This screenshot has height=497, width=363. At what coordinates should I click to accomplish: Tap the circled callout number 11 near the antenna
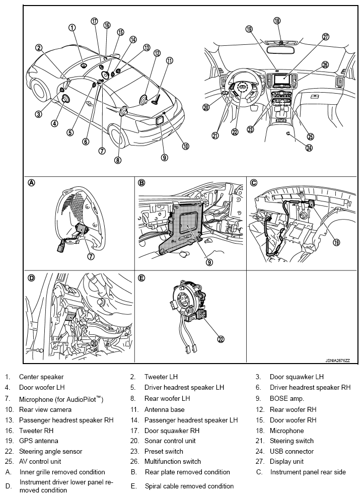click(x=170, y=60)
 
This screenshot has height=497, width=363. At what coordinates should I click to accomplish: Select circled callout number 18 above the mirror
click(x=277, y=21)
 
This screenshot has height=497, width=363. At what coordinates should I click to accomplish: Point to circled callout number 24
click(x=309, y=148)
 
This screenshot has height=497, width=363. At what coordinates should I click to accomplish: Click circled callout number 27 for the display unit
click(x=326, y=37)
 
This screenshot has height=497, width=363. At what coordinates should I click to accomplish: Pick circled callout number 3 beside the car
click(x=38, y=114)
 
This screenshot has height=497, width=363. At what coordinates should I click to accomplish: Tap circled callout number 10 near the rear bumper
click(x=185, y=147)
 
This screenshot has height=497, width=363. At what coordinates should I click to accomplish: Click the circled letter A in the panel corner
click(x=32, y=183)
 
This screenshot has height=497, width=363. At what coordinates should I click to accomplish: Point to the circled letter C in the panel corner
click(x=254, y=183)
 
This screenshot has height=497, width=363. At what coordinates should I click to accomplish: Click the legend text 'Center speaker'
click(x=41, y=377)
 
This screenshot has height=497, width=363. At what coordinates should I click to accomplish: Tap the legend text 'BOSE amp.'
click(x=287, y=398)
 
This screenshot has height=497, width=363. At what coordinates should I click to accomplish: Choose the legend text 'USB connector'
click(x=292, y=452)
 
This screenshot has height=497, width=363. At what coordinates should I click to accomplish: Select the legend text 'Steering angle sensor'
click(x=50, y=452)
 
